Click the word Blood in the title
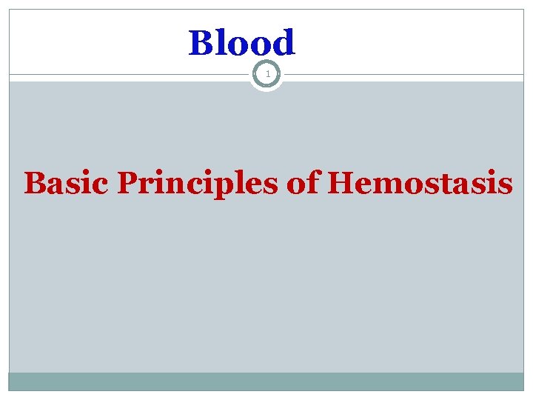point(242,43)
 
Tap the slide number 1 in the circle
point(266,75)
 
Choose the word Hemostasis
point(419,183)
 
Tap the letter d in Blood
point(284,43)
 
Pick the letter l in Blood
point(221,43)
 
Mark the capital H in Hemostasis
point(340,183)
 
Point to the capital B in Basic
point(36,183)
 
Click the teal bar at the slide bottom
point(266,381)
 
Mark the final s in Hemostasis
point(504,185)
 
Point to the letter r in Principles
point(146,185)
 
